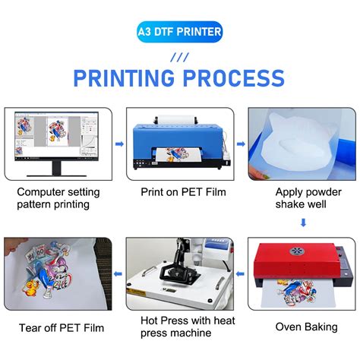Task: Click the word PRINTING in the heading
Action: coord(122,78)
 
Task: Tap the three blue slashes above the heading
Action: coord(179,55)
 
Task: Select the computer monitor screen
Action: coord(58,139)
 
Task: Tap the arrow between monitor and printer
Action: coord(118,143)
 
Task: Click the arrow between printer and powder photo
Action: coord(240,143)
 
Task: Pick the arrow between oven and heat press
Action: coord(240,273)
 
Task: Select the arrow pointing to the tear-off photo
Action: coord(118,273)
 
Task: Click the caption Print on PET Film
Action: coord(179,192)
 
